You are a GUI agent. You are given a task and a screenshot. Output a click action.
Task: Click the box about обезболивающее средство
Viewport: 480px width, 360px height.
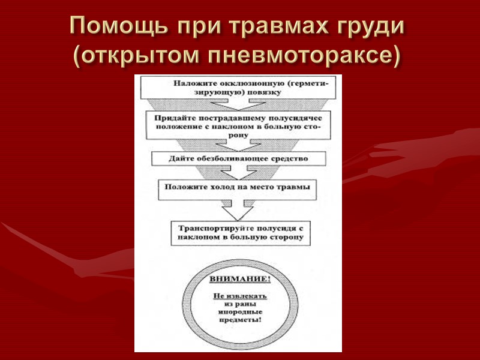(x=238, y=159)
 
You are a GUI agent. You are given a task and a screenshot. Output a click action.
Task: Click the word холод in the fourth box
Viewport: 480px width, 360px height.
(x=224, y=187)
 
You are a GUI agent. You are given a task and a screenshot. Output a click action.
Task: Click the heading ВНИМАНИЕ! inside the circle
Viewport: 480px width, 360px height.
(x=240, y=280)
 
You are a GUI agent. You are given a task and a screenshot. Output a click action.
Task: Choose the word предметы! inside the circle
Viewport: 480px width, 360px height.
(x=240, y=320)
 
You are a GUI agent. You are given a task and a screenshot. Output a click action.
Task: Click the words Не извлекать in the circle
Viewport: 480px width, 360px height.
(x=240, y=296)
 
